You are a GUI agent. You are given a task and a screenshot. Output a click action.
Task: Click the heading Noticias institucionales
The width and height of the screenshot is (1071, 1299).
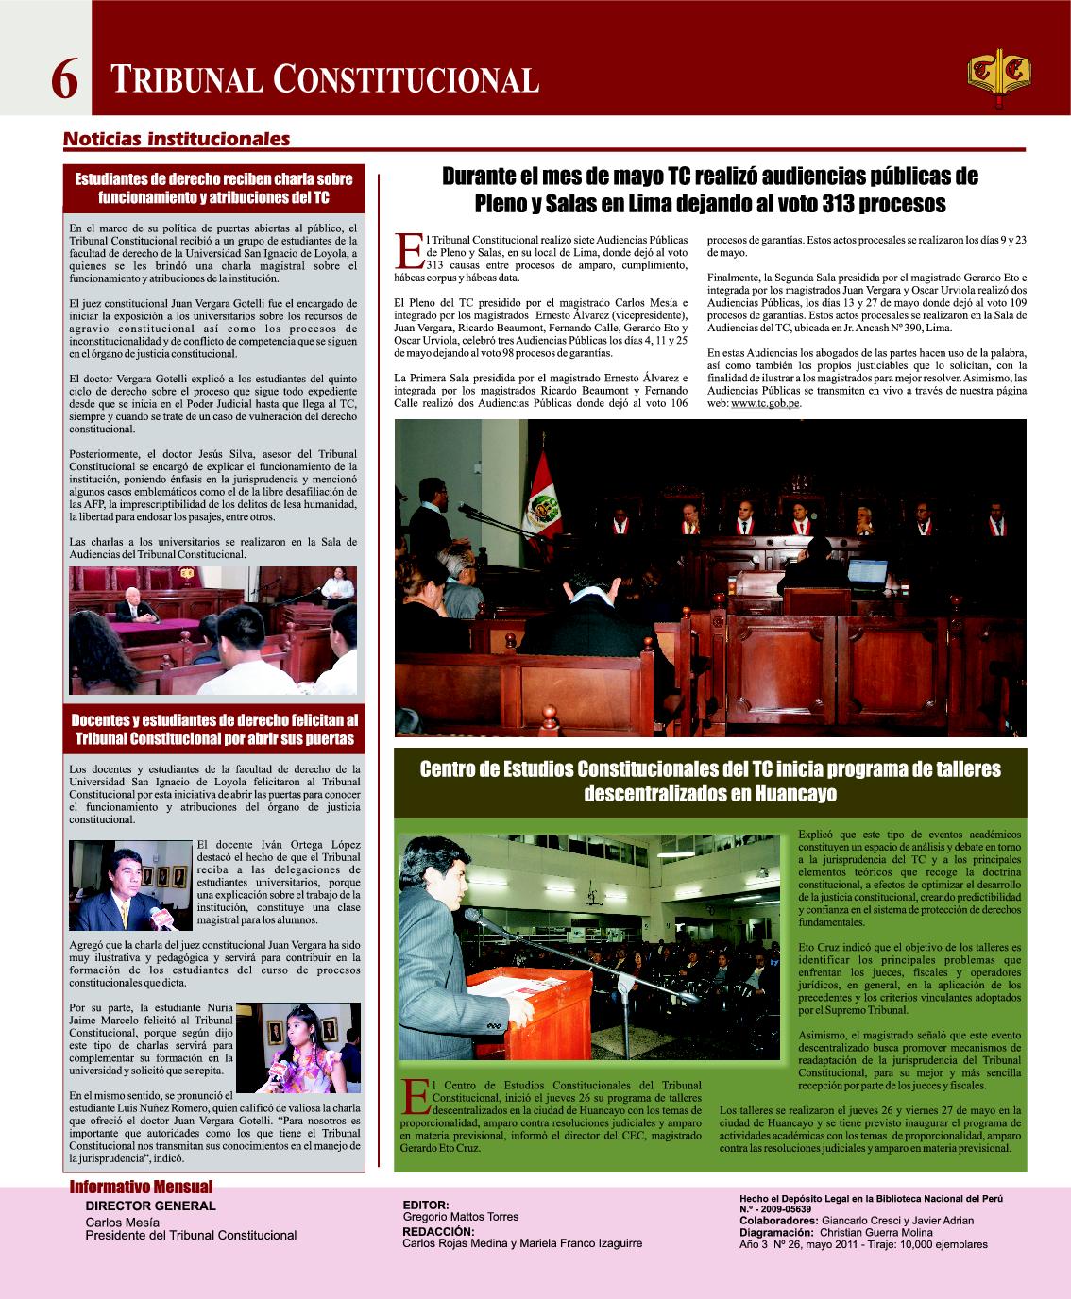tap(176, 139)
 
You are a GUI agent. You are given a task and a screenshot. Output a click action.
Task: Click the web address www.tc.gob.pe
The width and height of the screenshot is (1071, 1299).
tap(766, 403)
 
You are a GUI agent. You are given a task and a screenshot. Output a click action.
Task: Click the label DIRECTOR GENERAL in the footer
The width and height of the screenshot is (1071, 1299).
tap(150, 1206)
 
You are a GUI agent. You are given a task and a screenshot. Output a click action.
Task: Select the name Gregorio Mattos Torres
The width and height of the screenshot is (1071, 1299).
tap(460, 1217)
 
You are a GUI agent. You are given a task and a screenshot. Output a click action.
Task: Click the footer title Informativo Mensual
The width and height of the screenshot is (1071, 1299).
tap(142, 1188)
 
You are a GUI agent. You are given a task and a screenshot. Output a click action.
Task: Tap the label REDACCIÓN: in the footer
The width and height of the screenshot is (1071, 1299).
tap(438, 1231)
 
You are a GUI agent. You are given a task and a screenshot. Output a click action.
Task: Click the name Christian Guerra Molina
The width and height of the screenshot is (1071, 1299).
tap(875, 1232)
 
